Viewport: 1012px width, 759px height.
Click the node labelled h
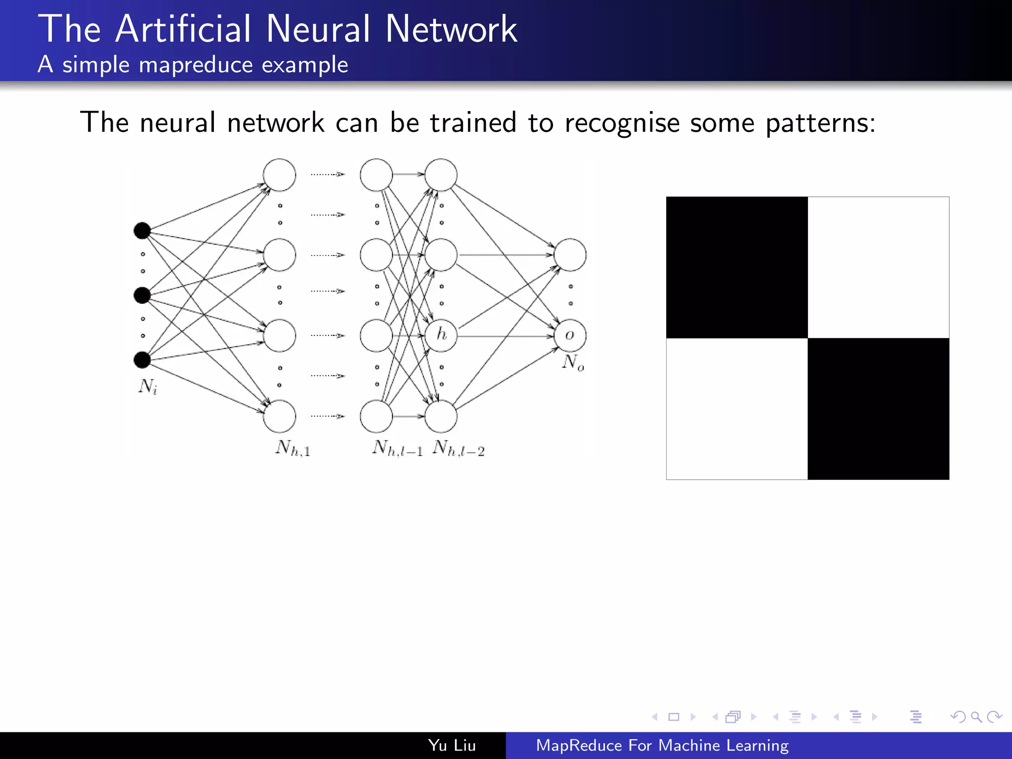pyautogui.click(x=441, y=335)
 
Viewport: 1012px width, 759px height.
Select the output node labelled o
pyautogui.click(x=570, y=335)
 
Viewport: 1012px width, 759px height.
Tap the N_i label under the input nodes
pyautogui.click(x=148, y=386)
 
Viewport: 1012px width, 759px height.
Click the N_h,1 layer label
pyautogui.click(x=293, y=448)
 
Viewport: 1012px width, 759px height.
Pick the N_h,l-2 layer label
pyautogui.click(x=459, y=448)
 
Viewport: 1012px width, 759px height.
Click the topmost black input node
pyautogui.click(x=142, y=230)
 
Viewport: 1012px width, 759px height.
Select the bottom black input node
pyautogui.click(x=142, y=360)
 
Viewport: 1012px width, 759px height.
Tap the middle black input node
pyautogui.click(x=142, y=295)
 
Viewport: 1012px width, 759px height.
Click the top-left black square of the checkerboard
pyautogui.click(x=737, y=267)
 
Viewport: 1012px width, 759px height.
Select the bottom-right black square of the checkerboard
pyautogui.click(x=878, y=409)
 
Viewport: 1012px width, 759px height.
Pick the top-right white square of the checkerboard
pyautogui.click(x=878, y=267)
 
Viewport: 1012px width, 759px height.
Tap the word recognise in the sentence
pyautogui.click(x=622, y=123)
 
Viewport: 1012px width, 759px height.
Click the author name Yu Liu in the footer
pyautogui.click(x=452, y=745)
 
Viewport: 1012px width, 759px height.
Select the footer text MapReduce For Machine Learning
pyautogui.click(x=662, y=745)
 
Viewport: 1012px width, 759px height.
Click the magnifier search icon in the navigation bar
pyautogui.click(x=976, y=717)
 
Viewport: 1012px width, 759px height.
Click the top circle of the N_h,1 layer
pyautogui.click(x=279, y=175)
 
